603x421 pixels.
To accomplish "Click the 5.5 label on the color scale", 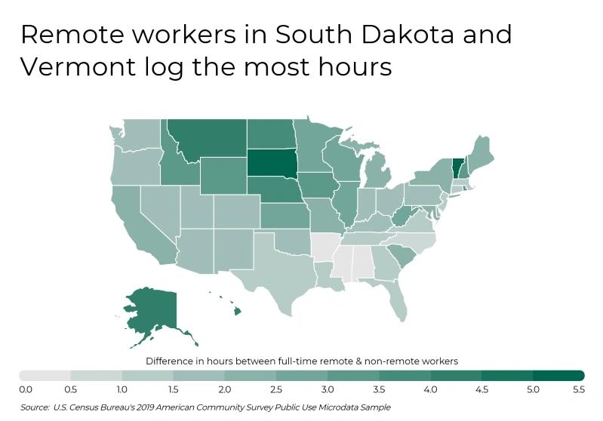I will tap(579, 389).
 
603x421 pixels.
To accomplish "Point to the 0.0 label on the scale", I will tap(26, 389).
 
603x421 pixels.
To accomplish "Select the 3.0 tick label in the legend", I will tap(328, 389).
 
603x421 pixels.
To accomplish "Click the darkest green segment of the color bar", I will tap(558, 375).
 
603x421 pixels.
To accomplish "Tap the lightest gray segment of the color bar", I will tap(45, 375).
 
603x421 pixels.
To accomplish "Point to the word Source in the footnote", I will tap(35, 407).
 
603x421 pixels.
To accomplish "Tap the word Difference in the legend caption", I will tap(169, 361).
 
